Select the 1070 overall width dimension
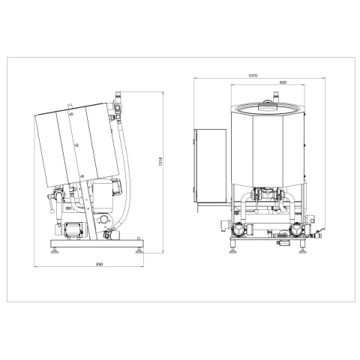click(x=253, y=75)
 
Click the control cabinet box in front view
click(x=210, y=165)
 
